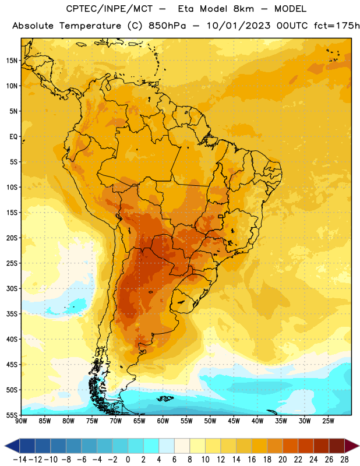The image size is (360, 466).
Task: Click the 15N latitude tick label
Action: point(12,61)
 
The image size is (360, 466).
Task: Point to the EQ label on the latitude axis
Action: point(13,137)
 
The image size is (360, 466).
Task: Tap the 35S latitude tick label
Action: point(12,314)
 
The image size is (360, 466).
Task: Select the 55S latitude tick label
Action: point(12,415)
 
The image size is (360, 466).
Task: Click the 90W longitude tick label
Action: point(21,421)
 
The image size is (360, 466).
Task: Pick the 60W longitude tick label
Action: point(163,421)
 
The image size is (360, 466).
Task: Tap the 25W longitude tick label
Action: point(328,421)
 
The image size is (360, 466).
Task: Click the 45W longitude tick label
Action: point(234,421)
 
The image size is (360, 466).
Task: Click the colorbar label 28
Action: point(344,460)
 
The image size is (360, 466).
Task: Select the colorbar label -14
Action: point(20,460)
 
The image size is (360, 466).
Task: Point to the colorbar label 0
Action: point(128,460)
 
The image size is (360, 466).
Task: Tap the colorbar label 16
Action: point(252,460)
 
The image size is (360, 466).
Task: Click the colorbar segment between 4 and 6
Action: point(167,446)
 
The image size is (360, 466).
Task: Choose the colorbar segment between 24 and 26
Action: point(322,446)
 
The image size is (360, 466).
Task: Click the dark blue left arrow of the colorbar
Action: point(12,446)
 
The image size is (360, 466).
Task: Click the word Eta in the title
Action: point(186,9)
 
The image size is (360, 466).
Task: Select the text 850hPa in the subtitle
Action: point(167,26)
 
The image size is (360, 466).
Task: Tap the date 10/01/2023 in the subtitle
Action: point(238,26)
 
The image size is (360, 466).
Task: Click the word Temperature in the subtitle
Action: point(90,26)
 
